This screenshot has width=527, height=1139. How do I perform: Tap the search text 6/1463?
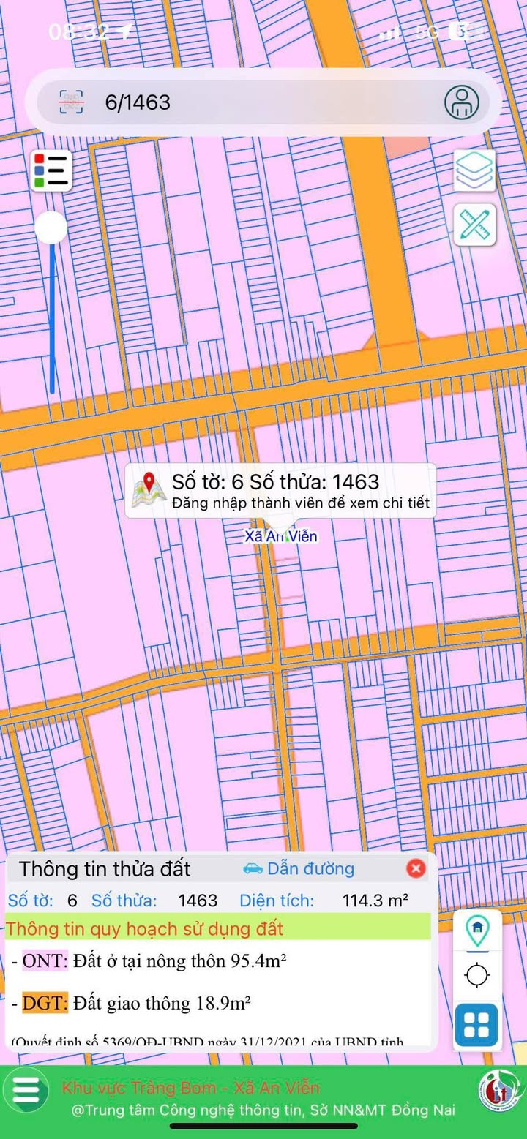coord(138,102)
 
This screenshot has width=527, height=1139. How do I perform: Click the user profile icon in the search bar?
coord(462,102)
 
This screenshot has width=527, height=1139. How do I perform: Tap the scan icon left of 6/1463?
coord(71,102)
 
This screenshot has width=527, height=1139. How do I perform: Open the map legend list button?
coord(51,170)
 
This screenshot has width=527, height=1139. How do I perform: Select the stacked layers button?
coord(474,170)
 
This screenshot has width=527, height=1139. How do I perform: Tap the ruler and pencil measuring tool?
coord(474,225)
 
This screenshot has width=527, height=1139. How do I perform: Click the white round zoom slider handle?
coord(51,228)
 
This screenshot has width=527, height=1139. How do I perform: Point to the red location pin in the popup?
coord(150,484)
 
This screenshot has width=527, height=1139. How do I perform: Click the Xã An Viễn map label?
coord(281,536)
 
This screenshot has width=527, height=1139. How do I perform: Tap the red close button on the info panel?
coord(416,868)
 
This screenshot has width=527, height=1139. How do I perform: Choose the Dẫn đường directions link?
coord(299,868)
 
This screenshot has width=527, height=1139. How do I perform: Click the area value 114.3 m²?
coord(375,900)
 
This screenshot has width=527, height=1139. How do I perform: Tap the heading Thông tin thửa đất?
coord(105,868)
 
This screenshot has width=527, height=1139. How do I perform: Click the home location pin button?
coord(477,929)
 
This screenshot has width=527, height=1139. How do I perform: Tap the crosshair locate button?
coord(477,975)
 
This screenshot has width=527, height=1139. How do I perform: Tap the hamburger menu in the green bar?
coord(26,1089)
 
